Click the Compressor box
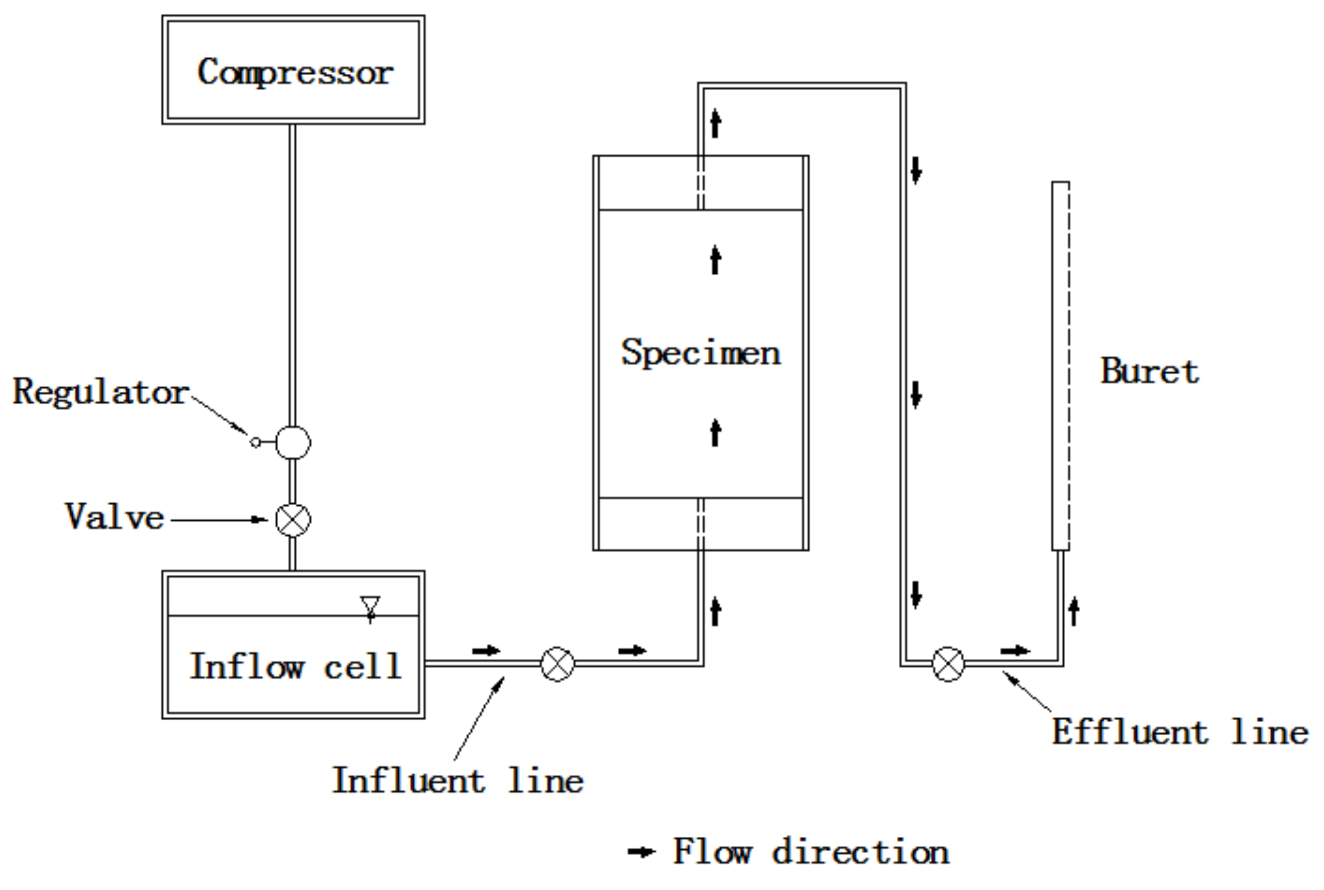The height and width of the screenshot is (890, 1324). point(293,70)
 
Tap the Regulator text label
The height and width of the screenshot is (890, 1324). point(101,392)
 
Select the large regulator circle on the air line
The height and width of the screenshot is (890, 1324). point(293,442)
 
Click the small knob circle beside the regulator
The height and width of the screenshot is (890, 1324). point(255,442)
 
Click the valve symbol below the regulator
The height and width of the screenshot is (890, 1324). point(293,519)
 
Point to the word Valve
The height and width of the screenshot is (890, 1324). point(114,517)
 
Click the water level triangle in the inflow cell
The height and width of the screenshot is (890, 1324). point(370,605)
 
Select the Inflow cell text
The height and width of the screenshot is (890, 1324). point(295,667)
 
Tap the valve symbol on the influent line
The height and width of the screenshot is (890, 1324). point(557,664)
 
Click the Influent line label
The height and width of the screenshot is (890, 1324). point(457,781)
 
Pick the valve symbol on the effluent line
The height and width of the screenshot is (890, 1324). point(948,664)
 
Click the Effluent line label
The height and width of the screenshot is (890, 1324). point(1180,732)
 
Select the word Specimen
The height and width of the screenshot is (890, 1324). point(700,353)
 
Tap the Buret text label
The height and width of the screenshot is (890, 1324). point(1149,372)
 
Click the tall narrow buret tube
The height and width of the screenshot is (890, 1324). point(1060,365)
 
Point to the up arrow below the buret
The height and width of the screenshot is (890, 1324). point(1073,611)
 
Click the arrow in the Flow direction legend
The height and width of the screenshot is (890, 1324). point(641,851)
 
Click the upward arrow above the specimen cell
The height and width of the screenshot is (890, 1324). point(716,122)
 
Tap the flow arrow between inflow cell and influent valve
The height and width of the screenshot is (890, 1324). point(486,651)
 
